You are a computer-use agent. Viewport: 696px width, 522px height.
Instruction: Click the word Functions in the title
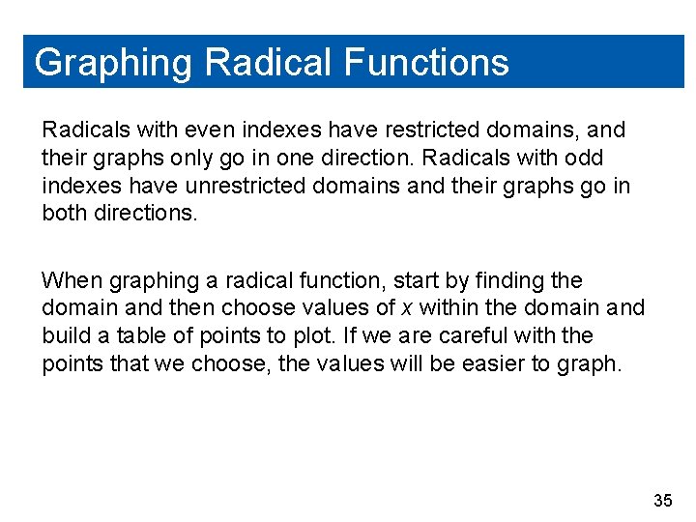(x=426, y=63)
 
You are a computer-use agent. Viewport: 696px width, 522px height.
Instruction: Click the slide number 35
(x=663, y=500)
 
